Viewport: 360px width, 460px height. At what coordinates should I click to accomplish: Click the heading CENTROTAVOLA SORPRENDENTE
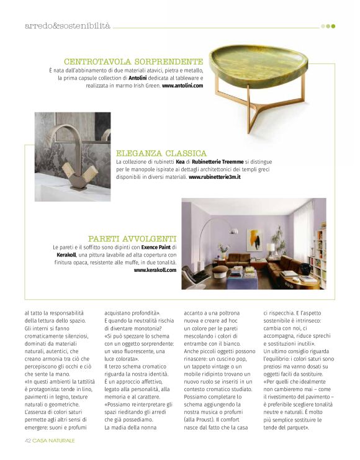click(x=133, y=61)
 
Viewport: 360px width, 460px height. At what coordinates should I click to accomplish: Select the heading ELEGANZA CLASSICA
click(x=161, y=153)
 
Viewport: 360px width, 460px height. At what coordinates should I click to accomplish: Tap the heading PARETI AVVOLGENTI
click(x=132, y=238)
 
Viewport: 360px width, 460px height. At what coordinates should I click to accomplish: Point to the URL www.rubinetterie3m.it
click(x=214, y=177)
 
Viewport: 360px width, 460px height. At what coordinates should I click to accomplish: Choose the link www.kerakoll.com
click(x=155, y=270)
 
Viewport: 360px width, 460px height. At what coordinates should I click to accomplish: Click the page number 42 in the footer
click(x=28, y=440)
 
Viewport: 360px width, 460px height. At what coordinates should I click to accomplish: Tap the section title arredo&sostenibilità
click(x=67, y=26)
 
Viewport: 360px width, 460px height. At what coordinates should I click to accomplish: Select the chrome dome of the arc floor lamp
click(x=212, y=223)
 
